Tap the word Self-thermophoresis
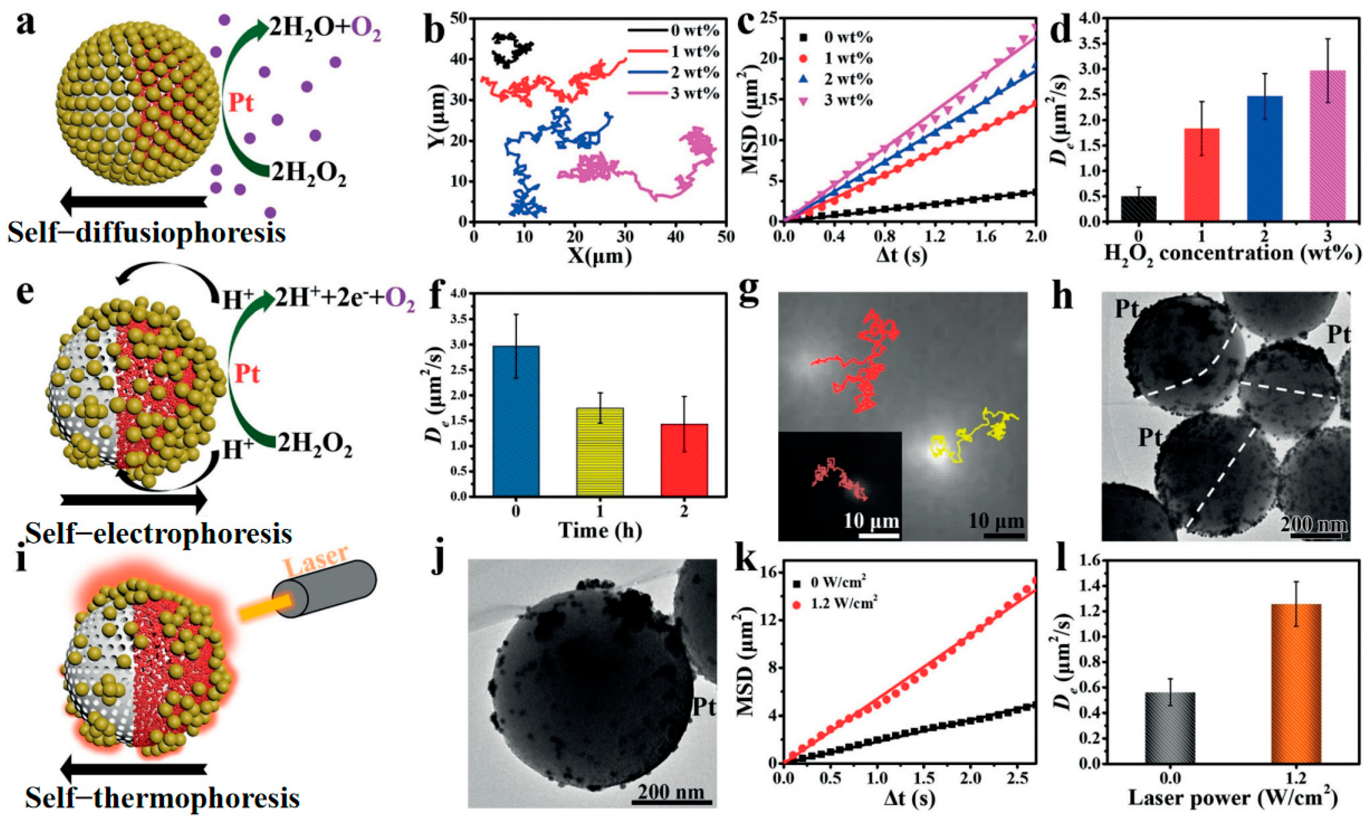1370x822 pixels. [162, 798]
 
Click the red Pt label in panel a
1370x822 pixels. [241, 104]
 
